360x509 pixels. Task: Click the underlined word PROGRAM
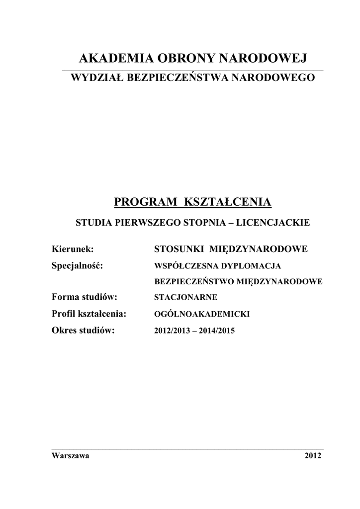[147, 202]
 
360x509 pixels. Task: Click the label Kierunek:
[73, 249]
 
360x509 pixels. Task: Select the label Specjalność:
[77, 265]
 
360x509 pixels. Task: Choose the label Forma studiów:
[84, 297]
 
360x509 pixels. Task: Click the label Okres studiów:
[83, 330]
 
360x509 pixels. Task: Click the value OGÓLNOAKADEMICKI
[202, 314]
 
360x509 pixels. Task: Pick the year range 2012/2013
[172, 331]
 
